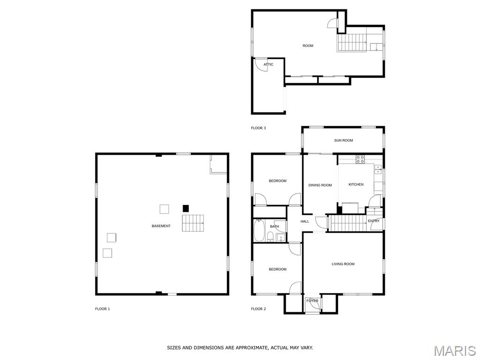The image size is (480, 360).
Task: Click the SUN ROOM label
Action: tap(344, 141)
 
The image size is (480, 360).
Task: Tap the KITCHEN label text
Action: tap(356, 185)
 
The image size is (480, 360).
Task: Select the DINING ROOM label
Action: tap(320, 185)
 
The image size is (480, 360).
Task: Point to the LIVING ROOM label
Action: tap(343, 264)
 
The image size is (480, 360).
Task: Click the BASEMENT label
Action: tap(161, 226)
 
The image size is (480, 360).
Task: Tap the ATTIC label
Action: tap(269, 65)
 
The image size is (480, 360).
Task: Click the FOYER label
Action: tap(312, 301)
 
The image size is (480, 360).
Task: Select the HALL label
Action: tap(305, 221)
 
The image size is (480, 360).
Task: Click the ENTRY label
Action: tap(374, 221)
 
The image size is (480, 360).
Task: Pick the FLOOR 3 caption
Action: tap(258, 128)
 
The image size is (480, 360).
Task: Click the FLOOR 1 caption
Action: tap(102, 309)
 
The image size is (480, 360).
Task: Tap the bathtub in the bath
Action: tap(259, 231)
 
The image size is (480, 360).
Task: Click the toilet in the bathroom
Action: tap(270, 237)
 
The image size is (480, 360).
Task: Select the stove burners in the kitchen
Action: tap(360, 159)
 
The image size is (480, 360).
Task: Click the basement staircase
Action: tap(193, 223)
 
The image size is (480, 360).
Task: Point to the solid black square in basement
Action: tap(186, 209)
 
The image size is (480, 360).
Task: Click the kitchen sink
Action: tap(378, 169)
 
